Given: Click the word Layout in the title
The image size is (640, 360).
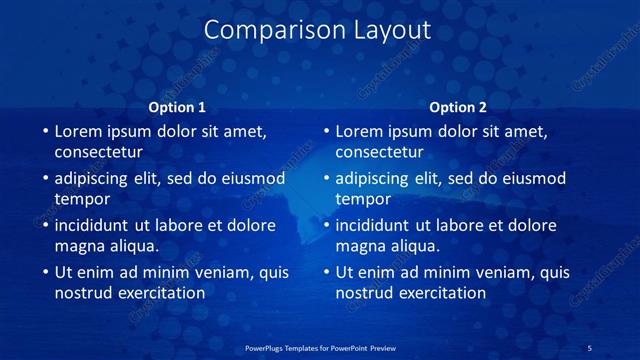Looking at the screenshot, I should coord(386,31).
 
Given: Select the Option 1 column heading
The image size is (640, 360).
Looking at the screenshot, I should coord(177,107).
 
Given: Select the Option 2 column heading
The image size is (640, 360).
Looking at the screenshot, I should coord(458,107).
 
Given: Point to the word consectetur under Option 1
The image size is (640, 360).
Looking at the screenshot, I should coord(98,153).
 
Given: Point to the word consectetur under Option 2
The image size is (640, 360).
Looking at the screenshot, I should coord(379,153).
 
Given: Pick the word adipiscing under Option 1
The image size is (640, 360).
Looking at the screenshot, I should coord(92,179).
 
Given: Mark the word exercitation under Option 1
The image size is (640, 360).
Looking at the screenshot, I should coord(158,293).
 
